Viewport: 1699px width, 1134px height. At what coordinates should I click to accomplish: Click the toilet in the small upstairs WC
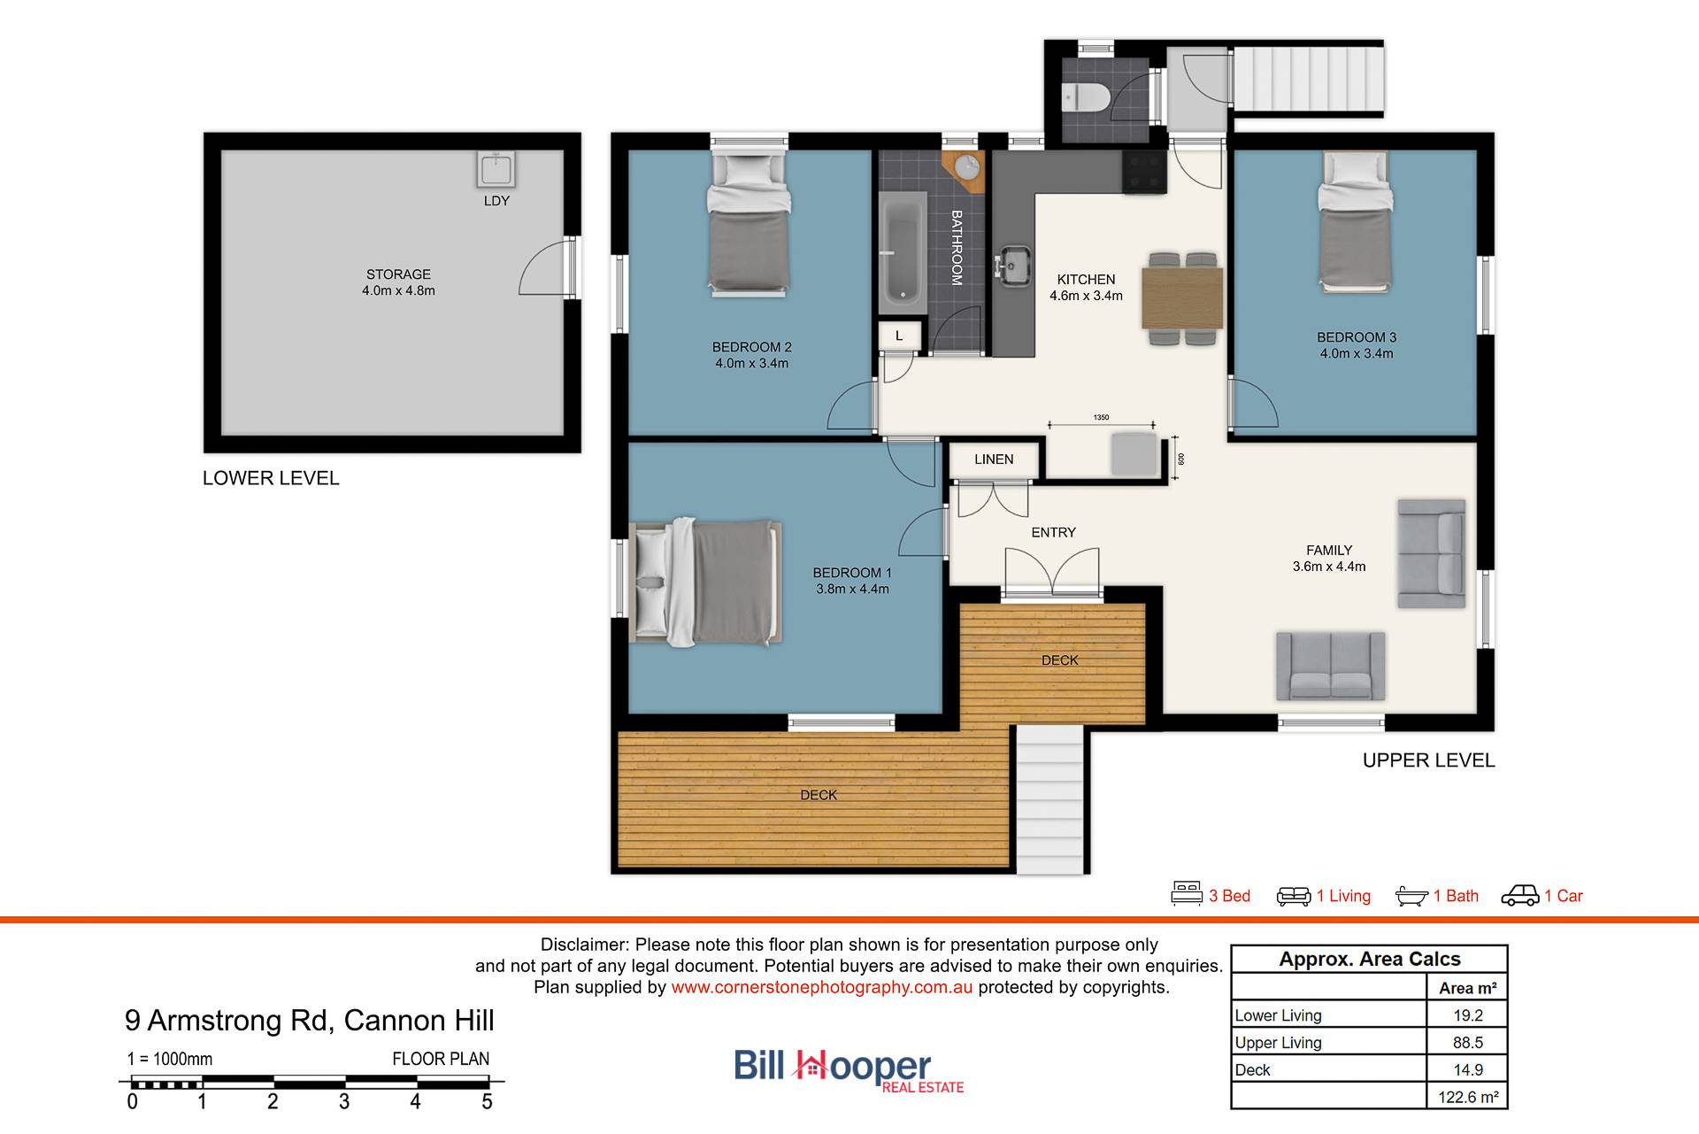pyautogui.click(x=1085, y=96)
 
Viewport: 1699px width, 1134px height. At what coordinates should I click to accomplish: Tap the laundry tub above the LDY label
pyautogui.click(x=496, y=169)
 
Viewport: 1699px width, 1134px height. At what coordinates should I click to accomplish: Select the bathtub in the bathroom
pyautogui.click(x=903, y=251)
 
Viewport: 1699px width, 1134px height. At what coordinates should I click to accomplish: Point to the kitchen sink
pyautogui.click(x=1012, y=265)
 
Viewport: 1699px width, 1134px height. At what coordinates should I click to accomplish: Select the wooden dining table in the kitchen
pyautogui.click(x=1182, y=298)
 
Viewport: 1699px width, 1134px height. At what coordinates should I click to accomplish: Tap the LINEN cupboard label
pyautogui.click(x=994, y=459)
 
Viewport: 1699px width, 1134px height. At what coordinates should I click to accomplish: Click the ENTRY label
pyautogui.click(x=1053, y=533)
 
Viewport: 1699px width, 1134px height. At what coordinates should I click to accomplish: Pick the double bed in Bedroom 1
pyautogui.click(x=705, y=581)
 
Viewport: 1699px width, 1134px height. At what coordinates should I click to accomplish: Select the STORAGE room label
pyautogui.click(x=398, y=274)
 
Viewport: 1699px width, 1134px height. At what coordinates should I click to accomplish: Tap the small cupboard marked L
pyautogui.click(x=899, y=336)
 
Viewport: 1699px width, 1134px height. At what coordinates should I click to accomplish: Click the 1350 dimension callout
pyautogui.click(x=1101, y=418)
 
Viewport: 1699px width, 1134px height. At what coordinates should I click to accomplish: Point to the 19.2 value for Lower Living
pyautogui.click(x=1467, y=1015)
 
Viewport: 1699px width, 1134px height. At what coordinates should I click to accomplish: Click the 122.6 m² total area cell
pyautogui.click(x=1467, y=1097)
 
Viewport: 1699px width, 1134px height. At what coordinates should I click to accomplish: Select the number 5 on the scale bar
pyautogui.click(x=487, y=1102)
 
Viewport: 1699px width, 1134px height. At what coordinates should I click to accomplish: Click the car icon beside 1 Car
pyautogui.click(x=1520, y=896)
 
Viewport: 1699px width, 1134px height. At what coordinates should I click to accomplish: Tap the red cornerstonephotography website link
pyautogui.click(x=821, y=987)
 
